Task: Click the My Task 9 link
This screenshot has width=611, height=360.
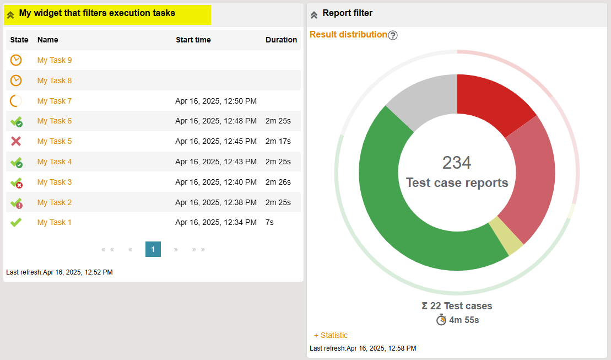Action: pyautogui.click(x=55, y=60)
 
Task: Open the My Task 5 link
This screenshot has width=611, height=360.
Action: pyautogui.click(x=55, y=141)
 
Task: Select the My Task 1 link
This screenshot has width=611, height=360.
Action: pyautogui.click(x=55, y=222)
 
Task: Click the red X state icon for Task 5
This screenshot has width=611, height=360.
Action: pyautogui.click(x=16, y=141)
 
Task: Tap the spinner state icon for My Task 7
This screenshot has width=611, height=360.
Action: pyautogui.click(x=16, y=101)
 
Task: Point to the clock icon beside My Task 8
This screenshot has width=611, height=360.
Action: pyautogui.click(x=16, y=80)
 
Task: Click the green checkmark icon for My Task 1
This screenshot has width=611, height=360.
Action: pyautogui.click(x=16, y=222)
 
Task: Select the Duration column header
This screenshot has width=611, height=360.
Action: pyautogui.click(x=281, y=40)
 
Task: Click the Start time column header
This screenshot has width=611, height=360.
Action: pyautogui.click(x=193, y=40)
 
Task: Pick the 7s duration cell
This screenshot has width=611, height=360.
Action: pyautogui.click(x=269, y=222)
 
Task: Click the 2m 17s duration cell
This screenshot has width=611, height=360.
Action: pyautogui.click(x=278, y=141)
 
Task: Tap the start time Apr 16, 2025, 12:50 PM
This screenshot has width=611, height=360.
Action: pyautogui.click(x=216, y=101)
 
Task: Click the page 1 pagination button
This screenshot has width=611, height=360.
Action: pyautogui.click(x=153, y=249)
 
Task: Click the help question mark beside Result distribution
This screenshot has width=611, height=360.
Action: pyautogui.click(x=393, y=35)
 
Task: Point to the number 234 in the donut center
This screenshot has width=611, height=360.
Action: pyautogui.click(x=457, y=163)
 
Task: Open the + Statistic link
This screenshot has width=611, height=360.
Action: pyautogui.click(x=331, y=335)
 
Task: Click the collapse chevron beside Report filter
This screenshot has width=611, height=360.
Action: pyautogui.click(x=314, y=15)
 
